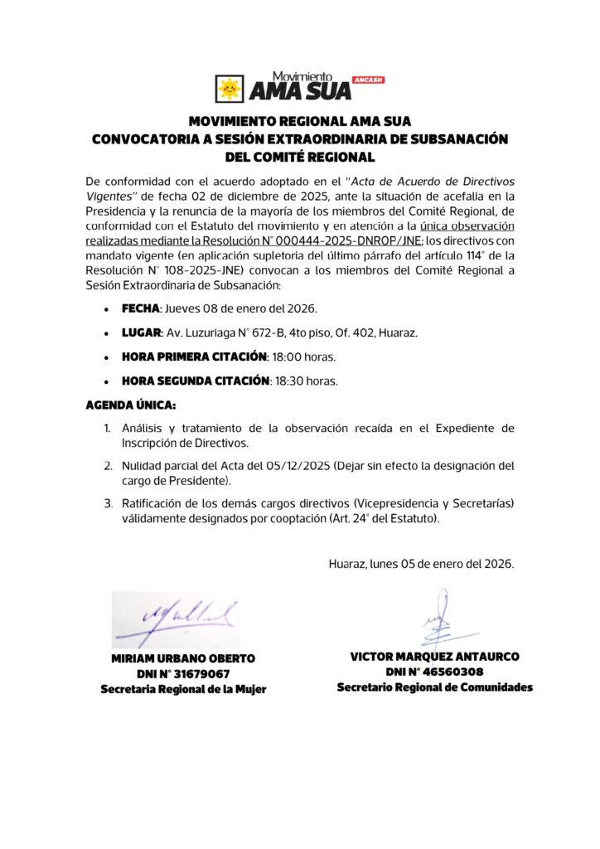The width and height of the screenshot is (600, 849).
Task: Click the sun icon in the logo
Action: click(230, 88)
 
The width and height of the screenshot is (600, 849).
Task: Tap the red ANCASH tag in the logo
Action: click(367, 80)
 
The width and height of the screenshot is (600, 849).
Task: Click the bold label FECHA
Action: click(140, 309)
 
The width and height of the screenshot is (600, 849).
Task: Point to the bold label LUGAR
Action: click(141, 333)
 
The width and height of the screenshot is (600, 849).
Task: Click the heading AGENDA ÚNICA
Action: click(131, 405)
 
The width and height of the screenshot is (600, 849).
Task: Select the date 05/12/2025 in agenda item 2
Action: click(283, 466)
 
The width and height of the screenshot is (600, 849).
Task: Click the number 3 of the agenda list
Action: click(108, 503)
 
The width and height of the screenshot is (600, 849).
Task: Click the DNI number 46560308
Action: click(451, 672)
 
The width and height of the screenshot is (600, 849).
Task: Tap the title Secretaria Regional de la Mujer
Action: click(183, 690)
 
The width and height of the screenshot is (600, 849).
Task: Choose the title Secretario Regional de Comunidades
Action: click(434, 688)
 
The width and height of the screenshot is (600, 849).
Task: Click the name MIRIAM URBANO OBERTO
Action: click(183, 658)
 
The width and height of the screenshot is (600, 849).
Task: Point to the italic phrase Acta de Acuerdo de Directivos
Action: click(432, 181)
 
